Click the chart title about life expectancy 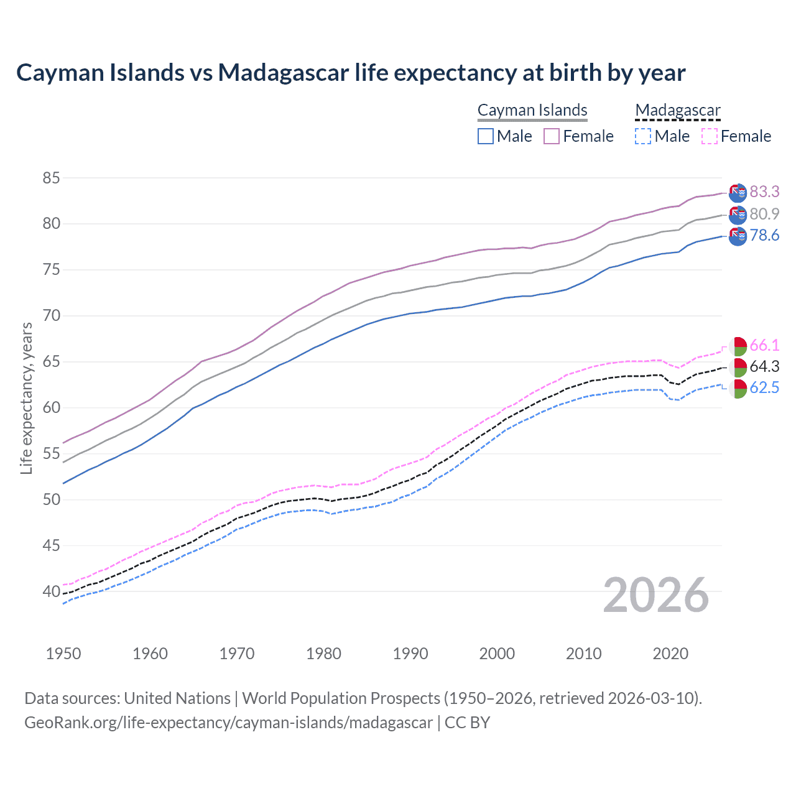(x=351, y=73)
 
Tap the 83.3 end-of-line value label (x=764, y=192)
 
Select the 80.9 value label (x=764, y=214)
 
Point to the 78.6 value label (x=764, y=236)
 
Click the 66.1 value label (x=764, y=346)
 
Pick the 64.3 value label (x=764, y=367)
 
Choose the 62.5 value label (x=764, y=388)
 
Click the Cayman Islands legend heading (x=532, y=110)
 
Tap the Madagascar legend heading (x=678, y=110)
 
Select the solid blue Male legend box (x=486, y=136)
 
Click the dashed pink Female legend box (x=710, y=136)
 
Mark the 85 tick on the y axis (x=51, y=178)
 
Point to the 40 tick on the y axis (x=51, y=592)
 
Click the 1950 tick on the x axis (x=63, y=654)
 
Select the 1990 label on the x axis (x=410, y=654)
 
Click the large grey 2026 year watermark (x=655, y=595)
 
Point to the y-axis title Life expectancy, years (x=27, y=398)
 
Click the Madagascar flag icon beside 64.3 (x=738, y=368)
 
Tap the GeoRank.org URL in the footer (x=228, y=723)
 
